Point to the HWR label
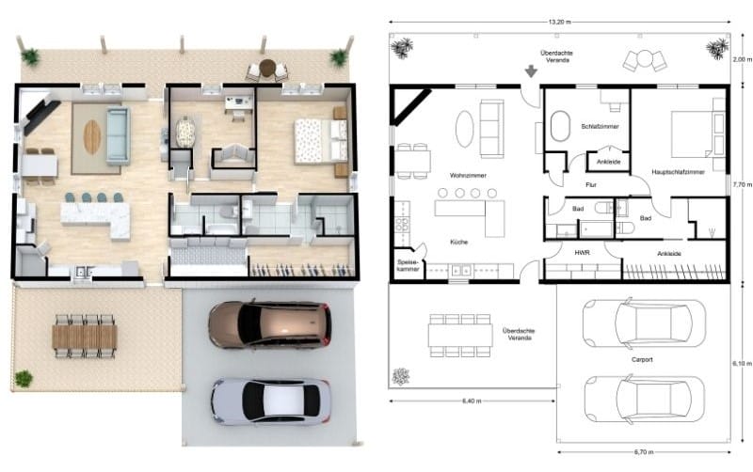pyautogui.click(x=581, y=252)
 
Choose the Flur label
pyautogui.click(x=591, y=185)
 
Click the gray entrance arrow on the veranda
pyautogui.click(x=531, y=71)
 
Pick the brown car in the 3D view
pyautogui.click(x=269, y=324)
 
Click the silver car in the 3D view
pyautogui.click(x=270, y=400)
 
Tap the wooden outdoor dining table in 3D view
pyautogui.click(x=85, y=336)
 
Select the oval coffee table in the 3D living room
pyautogui.click(x=91, y=137)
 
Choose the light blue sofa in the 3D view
pyautogui.click(x=117, y=135)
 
